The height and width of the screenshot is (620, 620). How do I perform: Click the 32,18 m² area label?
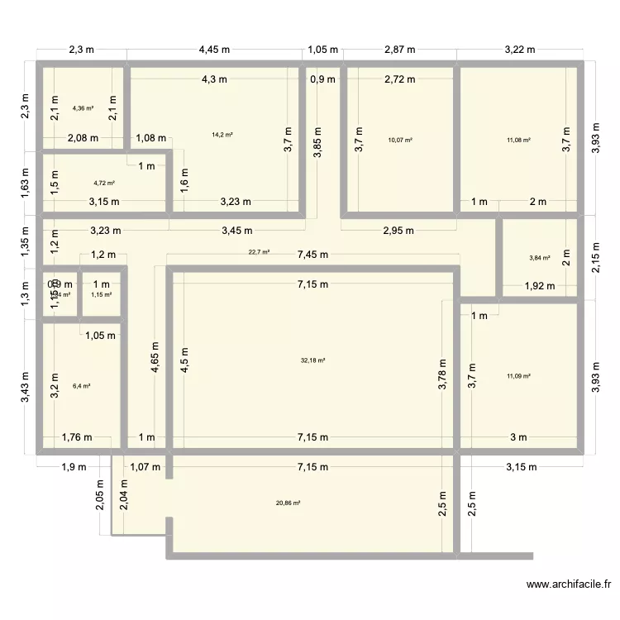tap(313, 360)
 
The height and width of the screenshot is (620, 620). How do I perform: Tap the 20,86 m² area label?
tap(289, 503)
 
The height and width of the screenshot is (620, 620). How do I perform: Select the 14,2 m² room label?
tap(222, 135)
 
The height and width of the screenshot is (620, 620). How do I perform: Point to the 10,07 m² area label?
tap(400, 140)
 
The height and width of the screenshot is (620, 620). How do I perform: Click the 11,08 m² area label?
tap(518, 140)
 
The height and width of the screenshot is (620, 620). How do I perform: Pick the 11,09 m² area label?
tap(518, 376)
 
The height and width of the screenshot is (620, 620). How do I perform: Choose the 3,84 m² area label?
tap(540, 258)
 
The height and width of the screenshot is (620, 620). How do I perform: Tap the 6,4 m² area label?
tap(81, 385)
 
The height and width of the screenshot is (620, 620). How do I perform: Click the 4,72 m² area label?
tap(104, 183)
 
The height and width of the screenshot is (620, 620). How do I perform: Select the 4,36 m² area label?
tap(83, 107)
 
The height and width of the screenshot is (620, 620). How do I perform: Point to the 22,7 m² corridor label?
tap(259, 251)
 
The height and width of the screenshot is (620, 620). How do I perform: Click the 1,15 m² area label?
tap(101, 294)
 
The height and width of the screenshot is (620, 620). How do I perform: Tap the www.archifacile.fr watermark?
tap(571, 585)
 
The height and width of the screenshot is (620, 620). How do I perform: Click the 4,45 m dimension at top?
tap(213, 50)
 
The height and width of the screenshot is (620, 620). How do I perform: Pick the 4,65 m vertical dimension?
tap(154, 358)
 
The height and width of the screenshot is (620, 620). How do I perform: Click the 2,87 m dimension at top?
tap(401, 50)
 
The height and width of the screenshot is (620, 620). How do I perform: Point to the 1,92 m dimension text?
tap(541, 287)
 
